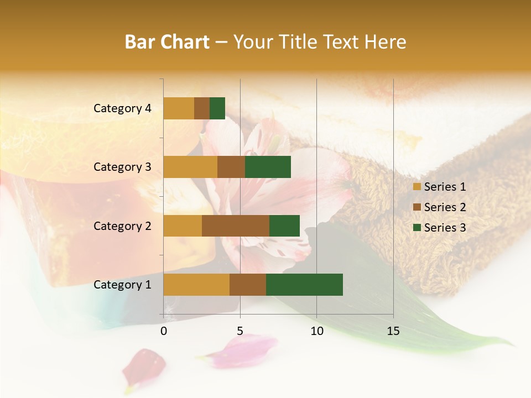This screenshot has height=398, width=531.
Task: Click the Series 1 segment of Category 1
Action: (196, 285)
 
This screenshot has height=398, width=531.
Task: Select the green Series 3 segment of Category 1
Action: (304, 285)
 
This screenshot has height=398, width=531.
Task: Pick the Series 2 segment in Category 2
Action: (236, 226)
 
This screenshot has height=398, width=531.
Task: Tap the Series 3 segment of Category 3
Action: (268, 167)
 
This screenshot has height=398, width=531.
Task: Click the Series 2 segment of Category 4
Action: (202, 108)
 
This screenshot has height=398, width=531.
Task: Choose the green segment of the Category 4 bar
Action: (217, 108)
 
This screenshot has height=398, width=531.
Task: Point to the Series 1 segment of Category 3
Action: (190, 167)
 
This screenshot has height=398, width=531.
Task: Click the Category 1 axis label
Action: (122, 285)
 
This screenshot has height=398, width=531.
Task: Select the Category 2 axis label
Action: (122, 226)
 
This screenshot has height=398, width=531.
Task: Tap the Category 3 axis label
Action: (122, 167)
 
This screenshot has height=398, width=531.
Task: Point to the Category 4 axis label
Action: (122, 108)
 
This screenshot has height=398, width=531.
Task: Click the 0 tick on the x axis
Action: (164, 331)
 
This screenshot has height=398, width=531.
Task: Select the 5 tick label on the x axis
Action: (240, 331)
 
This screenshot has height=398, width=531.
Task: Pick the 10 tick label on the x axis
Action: (316, 331)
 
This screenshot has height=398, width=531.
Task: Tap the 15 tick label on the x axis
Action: (393, 331)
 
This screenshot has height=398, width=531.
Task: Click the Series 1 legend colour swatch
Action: (417, 187)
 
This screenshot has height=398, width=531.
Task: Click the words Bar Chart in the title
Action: (167, 42)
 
